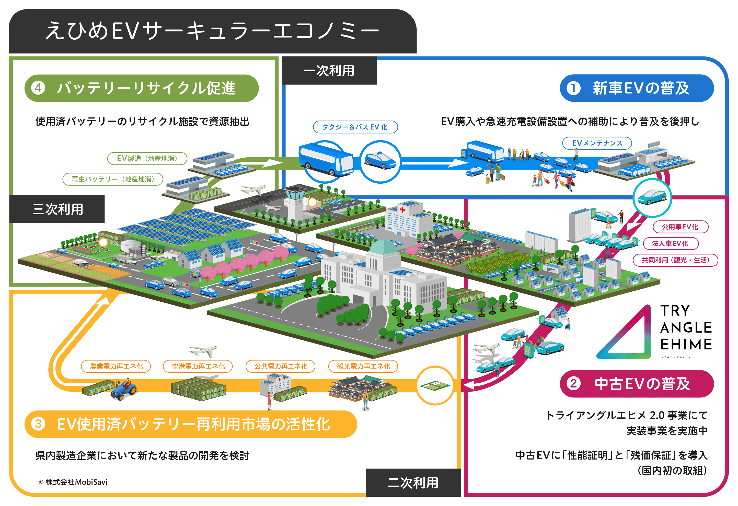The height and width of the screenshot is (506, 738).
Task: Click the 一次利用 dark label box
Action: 329,70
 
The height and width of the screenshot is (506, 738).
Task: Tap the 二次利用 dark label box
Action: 413,483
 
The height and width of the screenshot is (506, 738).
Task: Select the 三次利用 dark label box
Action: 57,209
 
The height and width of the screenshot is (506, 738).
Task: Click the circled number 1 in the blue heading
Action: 573,88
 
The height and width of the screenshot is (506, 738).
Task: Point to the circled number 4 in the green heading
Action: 38,88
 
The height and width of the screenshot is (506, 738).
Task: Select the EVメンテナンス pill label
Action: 597,143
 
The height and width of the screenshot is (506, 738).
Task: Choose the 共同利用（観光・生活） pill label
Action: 675,260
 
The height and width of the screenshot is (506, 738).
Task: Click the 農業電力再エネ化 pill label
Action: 116,366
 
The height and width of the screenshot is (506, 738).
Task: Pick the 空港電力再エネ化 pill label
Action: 198,366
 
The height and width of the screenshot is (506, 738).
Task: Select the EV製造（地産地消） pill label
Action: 147,158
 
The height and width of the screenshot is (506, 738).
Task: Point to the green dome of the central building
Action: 384,248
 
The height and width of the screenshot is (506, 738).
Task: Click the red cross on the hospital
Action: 402,209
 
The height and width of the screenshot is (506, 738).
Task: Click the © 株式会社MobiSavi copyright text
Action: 73,482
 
